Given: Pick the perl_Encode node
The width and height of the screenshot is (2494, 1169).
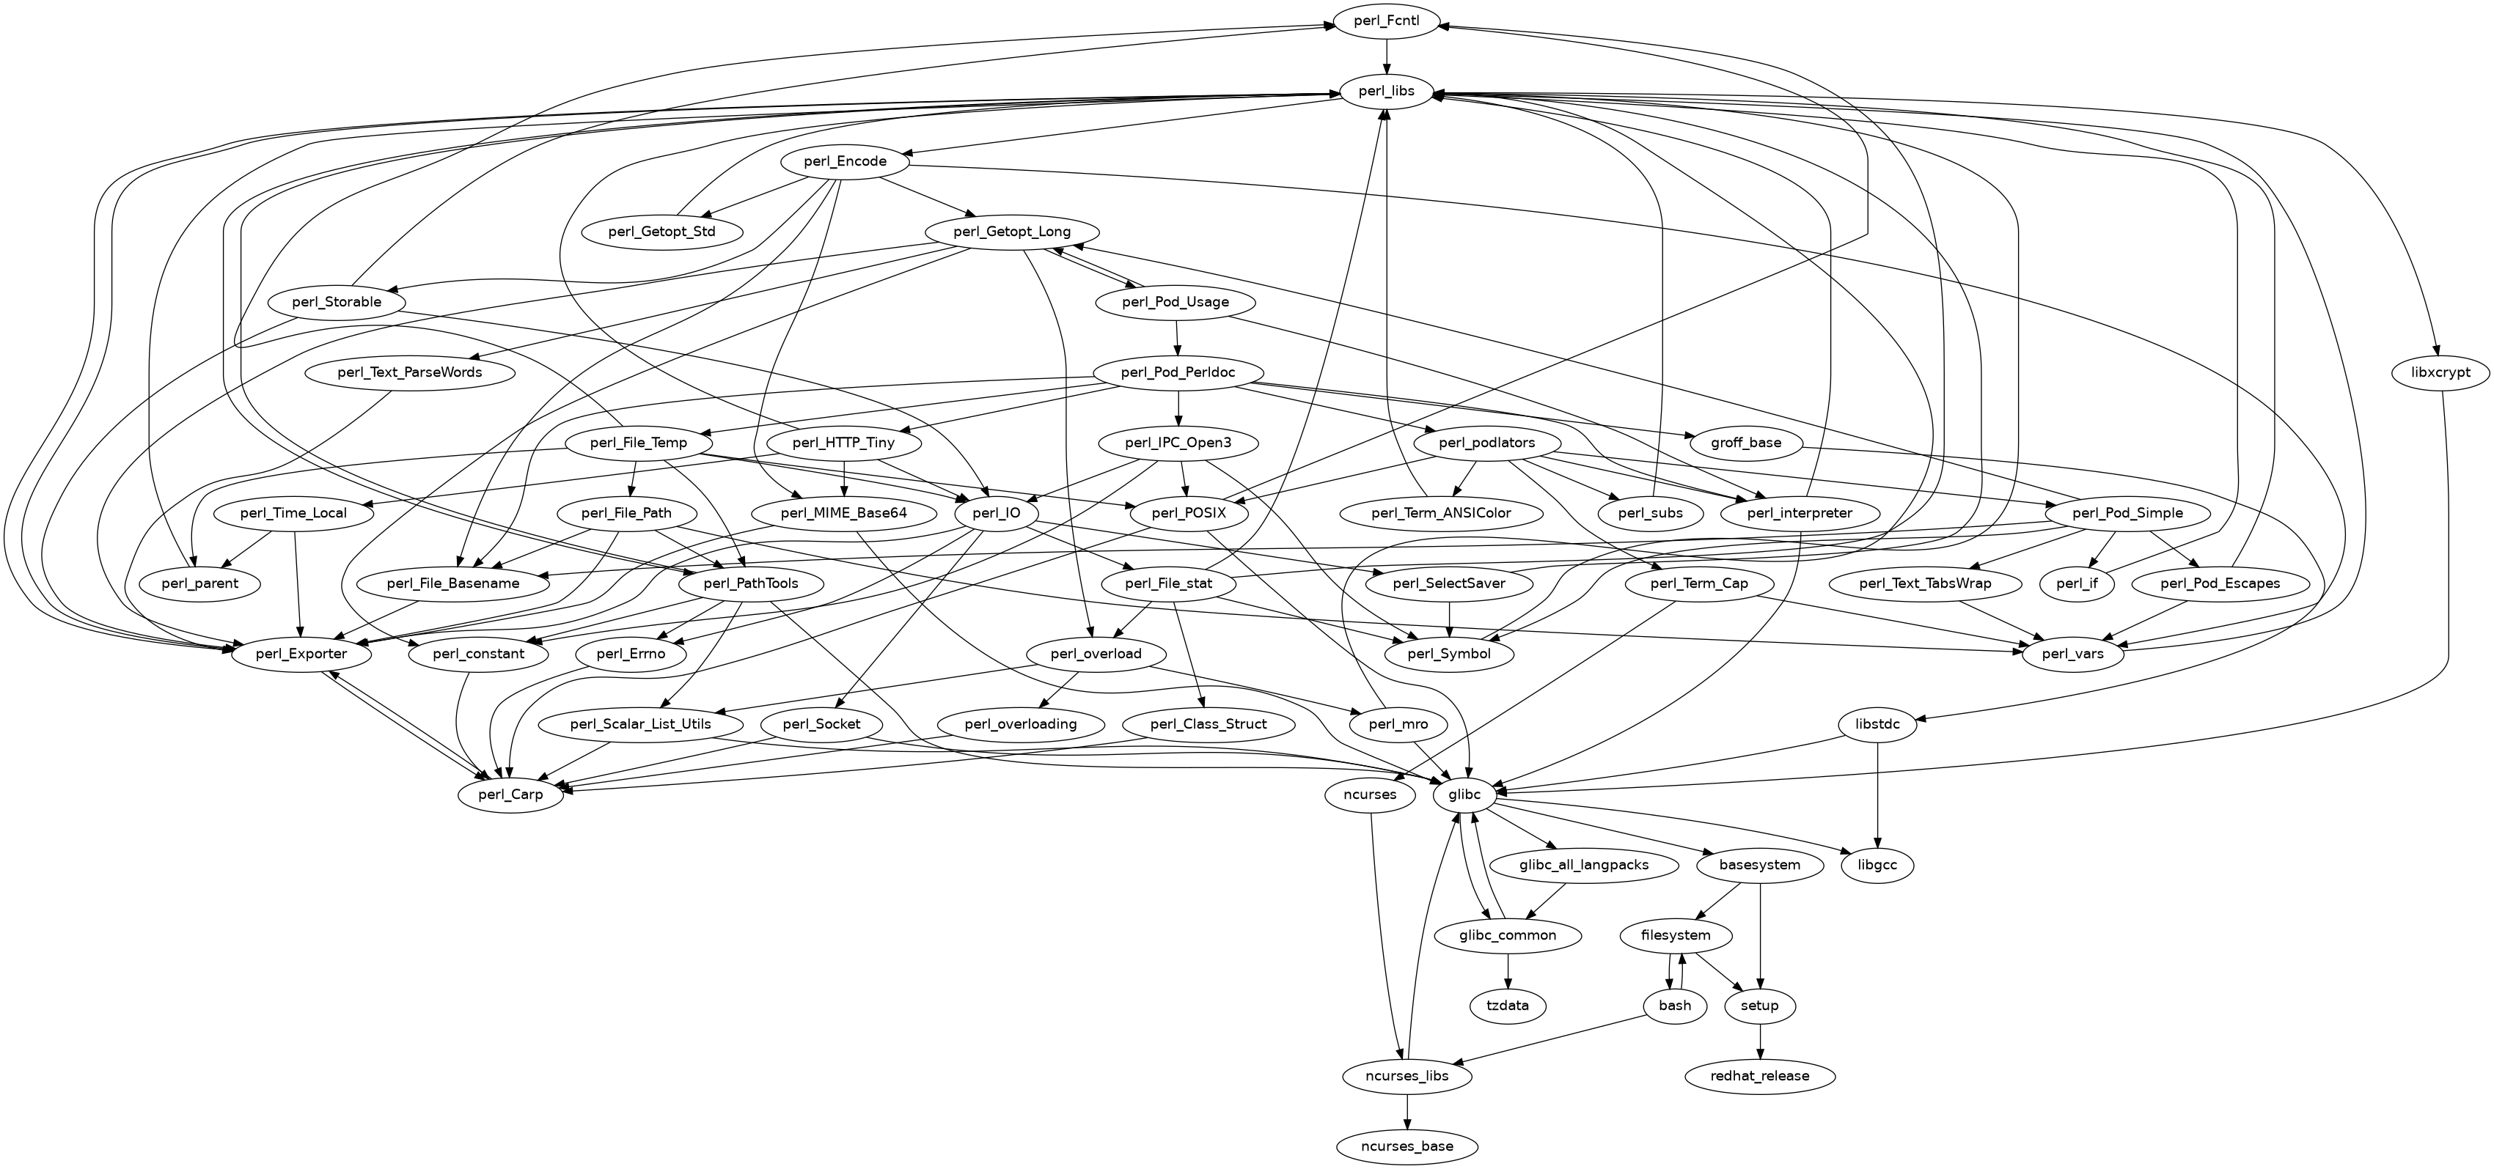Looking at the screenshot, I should (844, 162).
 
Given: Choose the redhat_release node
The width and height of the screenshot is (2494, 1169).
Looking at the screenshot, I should (1759, 1075).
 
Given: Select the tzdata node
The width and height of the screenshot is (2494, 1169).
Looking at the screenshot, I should (1508, 1006).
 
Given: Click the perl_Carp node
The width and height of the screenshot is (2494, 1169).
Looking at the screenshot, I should (510, 794).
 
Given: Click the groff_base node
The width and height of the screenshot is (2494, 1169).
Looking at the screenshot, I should (1745, 443).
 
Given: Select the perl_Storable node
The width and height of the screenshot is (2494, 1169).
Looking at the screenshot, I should (336, 302).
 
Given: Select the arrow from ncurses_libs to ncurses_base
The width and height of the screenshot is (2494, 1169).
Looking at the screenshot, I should (1406, 1111).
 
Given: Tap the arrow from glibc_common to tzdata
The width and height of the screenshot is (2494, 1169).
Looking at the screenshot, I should (1508, 970).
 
